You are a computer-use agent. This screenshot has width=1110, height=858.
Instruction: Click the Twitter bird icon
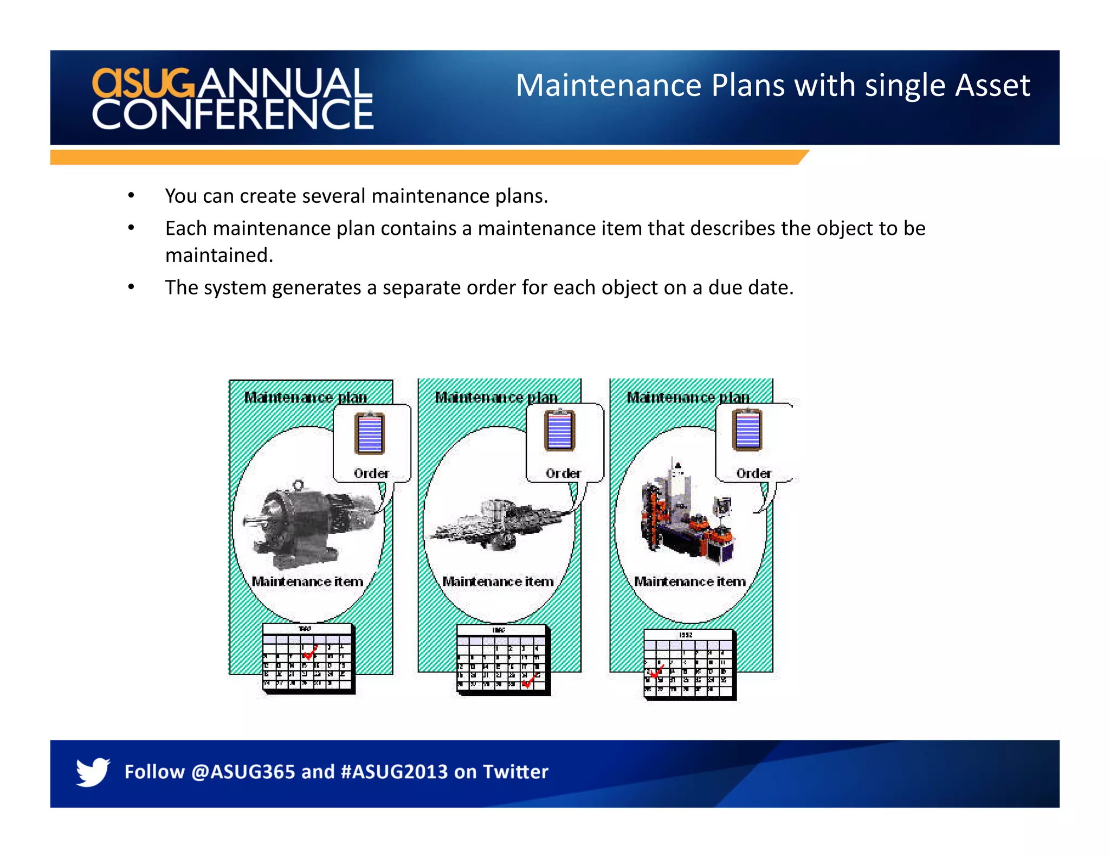click(93, 771)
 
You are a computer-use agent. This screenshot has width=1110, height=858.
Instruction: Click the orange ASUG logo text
click(143, 84)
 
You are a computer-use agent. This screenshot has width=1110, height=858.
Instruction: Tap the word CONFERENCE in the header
click(233, 115)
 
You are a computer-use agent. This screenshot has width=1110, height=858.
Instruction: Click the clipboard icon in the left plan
click(370, 433)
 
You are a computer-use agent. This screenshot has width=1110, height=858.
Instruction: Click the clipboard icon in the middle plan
click(559, 431)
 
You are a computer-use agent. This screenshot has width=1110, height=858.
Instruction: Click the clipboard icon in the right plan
click(747, 430)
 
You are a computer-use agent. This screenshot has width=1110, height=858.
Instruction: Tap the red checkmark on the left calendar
click(311, 652)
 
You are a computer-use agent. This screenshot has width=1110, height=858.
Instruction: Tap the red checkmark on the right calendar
click(656, 673)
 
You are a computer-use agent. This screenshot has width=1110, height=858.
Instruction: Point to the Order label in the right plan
click(753, 473)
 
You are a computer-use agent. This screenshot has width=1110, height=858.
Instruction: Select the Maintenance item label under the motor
click(307, 582)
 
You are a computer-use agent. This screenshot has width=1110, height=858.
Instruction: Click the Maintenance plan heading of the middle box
click(496, 398)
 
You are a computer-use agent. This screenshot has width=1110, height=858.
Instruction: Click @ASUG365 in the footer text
click(243, 772)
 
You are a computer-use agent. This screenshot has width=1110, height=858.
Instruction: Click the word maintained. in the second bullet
click(219, 255)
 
